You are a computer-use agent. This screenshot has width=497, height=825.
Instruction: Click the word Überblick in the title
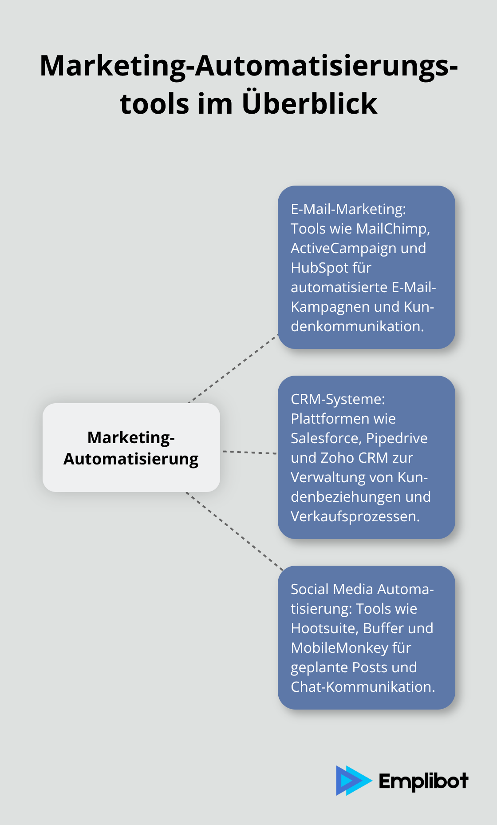point(309,103)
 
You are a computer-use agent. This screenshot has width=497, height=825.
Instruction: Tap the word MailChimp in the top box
point(392,229)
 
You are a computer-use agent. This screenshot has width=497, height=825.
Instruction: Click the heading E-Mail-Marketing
point(348,209)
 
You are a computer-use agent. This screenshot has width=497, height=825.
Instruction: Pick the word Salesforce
point(326,438)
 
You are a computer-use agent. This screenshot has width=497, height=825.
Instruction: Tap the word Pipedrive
point(397,438)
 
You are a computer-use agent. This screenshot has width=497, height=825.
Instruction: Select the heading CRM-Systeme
point(338,399)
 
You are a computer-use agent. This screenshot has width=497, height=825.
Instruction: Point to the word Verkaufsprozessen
point(355,516)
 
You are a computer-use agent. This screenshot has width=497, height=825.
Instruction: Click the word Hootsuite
point(325,628)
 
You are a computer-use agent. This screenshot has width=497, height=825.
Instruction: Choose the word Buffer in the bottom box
point(383,628)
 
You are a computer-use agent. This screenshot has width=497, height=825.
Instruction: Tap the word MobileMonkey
point(339,648)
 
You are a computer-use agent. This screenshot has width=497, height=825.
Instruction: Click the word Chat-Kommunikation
point(363,687)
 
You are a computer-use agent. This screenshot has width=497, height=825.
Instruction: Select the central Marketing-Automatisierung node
point(131,448)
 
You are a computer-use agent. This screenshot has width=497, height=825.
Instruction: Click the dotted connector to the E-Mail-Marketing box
point(233,369)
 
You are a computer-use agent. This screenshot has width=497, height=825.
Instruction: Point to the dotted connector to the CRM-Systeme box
point(249,452)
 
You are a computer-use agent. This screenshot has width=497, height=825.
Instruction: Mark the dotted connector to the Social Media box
point(235,531)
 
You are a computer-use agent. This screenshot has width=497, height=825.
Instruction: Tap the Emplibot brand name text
point(423,781)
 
